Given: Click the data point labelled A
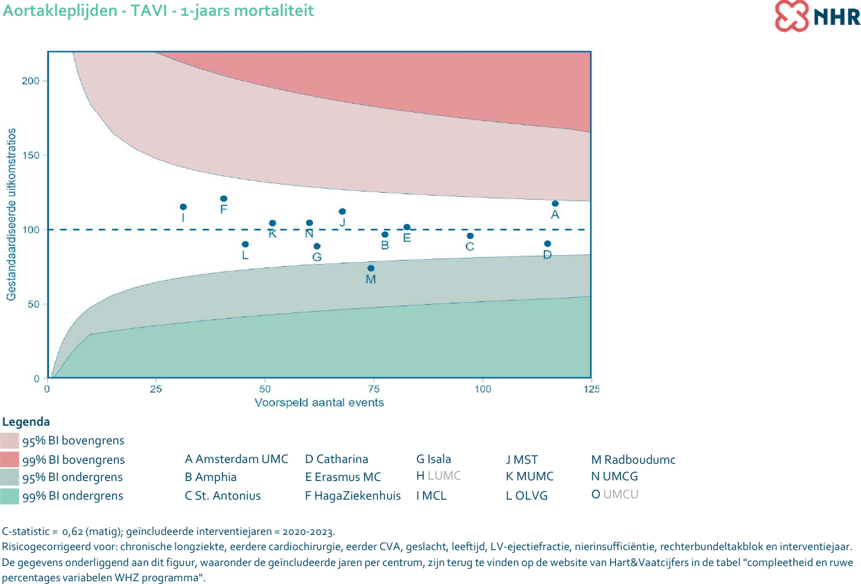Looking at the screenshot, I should [x=555, y=203].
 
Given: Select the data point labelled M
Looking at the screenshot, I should [x=371, y=268].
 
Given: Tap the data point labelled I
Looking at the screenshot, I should [x=183, y=207].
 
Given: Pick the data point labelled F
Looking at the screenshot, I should [x=224, y=198].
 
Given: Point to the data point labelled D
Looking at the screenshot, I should [x=547, y=243].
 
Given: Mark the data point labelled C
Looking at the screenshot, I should [x=470, y=236].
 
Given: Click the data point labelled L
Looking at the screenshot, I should [x=245, y=244].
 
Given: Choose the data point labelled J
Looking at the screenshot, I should [x=342, y=211].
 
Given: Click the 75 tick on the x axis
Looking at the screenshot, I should [x=374, y=389].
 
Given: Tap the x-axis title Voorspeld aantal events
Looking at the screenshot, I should [x=319, y=402].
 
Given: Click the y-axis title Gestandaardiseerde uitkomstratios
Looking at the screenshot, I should [x=11, y=214].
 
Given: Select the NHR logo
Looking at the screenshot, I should [x=817, y=16].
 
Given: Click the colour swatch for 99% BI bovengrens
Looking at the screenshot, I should [x=10, y=460].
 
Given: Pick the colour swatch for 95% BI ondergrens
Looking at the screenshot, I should [x=10, y=478].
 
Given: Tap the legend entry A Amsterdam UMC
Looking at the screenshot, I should [x=236, y=460].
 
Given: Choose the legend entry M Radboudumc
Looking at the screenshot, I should [x=633, y=460].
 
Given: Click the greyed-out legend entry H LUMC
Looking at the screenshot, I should [x=438, y=476].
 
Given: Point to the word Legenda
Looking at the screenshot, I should [x=26, y=422].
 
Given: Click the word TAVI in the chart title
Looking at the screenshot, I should [x=131, y=10].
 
